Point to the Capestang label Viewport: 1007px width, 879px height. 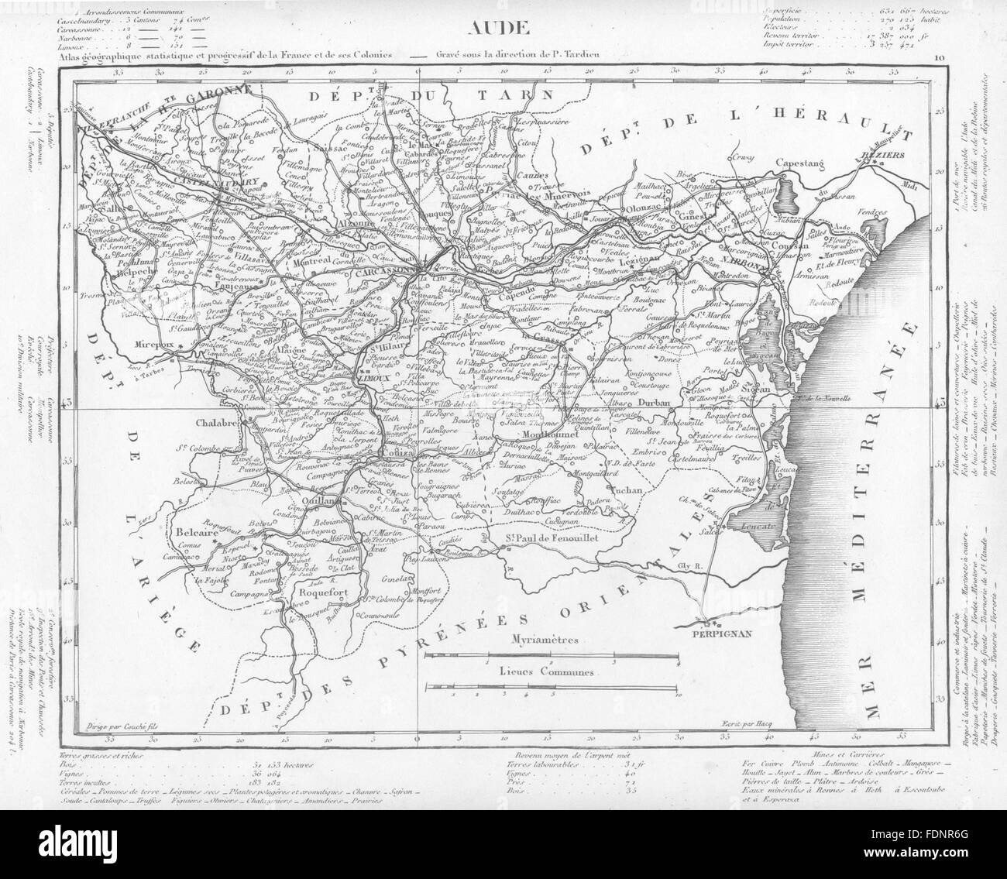[x=802, y=163]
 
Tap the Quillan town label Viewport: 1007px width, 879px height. [x=330, y=499]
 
